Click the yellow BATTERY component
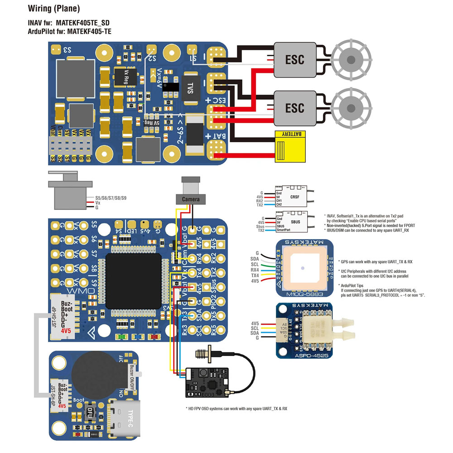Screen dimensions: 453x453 pos(289,146)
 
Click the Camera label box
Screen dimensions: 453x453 pos(191,199)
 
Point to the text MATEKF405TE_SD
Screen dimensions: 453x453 pos(86,23)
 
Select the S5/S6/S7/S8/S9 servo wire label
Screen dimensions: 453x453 pos(111,198)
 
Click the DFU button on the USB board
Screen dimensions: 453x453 pos(90,413)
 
